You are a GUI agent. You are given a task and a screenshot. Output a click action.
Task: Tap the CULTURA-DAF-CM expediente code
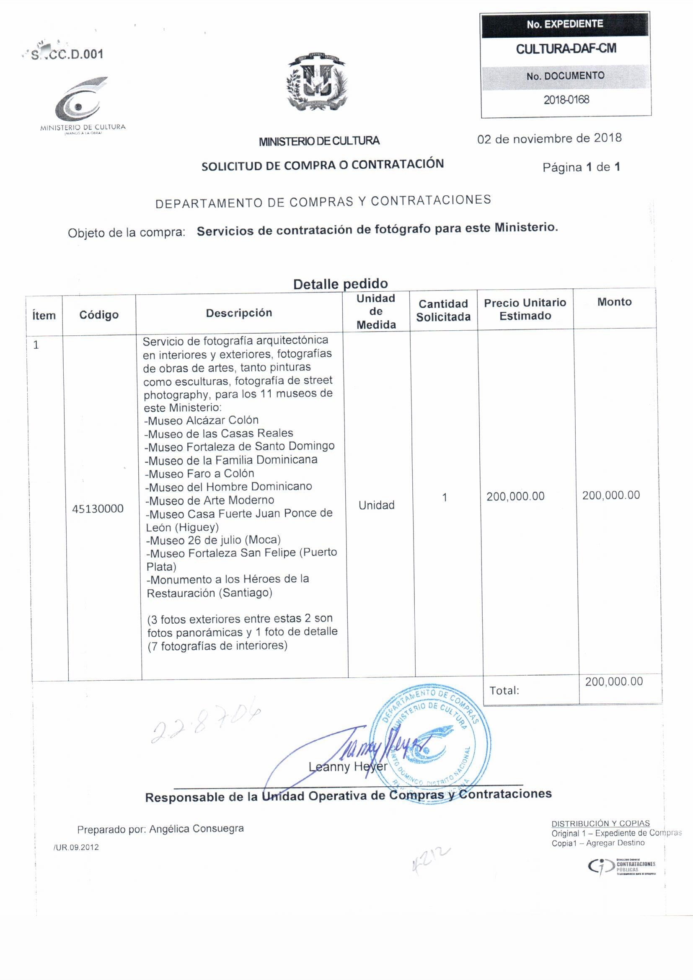(566, 49)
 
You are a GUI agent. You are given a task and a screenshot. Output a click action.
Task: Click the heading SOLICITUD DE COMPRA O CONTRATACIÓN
(323, 165)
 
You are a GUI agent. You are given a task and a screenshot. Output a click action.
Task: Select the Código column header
(98, 315)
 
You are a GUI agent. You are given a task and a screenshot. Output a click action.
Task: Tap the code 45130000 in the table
(98, 508)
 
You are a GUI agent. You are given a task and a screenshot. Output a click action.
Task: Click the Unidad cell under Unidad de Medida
(376, 505)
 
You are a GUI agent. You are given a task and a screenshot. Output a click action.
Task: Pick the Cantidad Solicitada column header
(443, 310)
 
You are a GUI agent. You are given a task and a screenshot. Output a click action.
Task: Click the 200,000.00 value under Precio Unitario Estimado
(515, 496)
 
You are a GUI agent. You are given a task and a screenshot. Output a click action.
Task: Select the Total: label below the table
(504, 690)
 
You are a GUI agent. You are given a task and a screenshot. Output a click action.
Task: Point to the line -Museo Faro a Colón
(199, 473)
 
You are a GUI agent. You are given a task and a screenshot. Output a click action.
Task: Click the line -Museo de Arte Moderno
(209, 500)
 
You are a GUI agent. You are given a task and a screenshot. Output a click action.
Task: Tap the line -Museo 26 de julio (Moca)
(213, 540)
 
